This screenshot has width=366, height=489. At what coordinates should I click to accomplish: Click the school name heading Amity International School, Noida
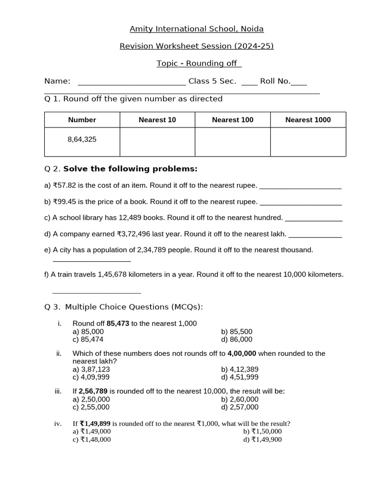(x=196, y=29)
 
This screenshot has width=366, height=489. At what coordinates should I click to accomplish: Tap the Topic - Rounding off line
(x=199, y=64)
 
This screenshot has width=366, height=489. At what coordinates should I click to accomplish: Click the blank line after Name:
(x=132, y=82)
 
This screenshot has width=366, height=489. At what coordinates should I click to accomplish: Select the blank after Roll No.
(x=299, y=82)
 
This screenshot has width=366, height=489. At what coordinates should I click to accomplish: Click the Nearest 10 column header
(x=157, y=120)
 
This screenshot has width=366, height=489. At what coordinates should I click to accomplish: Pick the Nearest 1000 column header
(x=308, y=120)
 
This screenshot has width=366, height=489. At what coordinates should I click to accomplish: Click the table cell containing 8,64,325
(x=82, y=140)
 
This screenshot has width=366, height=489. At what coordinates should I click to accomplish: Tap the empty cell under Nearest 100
(x=233, y=142)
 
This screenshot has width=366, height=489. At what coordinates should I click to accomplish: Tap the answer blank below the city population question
(x=91, y=260)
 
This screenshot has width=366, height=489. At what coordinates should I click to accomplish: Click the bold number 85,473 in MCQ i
(x=118, y=323)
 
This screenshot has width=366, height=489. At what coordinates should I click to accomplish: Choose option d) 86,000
(x=237, y=340)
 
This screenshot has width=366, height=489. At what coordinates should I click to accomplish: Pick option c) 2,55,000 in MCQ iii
(x=91, y=407)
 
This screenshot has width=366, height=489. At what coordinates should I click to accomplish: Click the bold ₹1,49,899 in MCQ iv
(x=95, y=423)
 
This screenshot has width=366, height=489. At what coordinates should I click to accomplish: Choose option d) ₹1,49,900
(x=263, y=439)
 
